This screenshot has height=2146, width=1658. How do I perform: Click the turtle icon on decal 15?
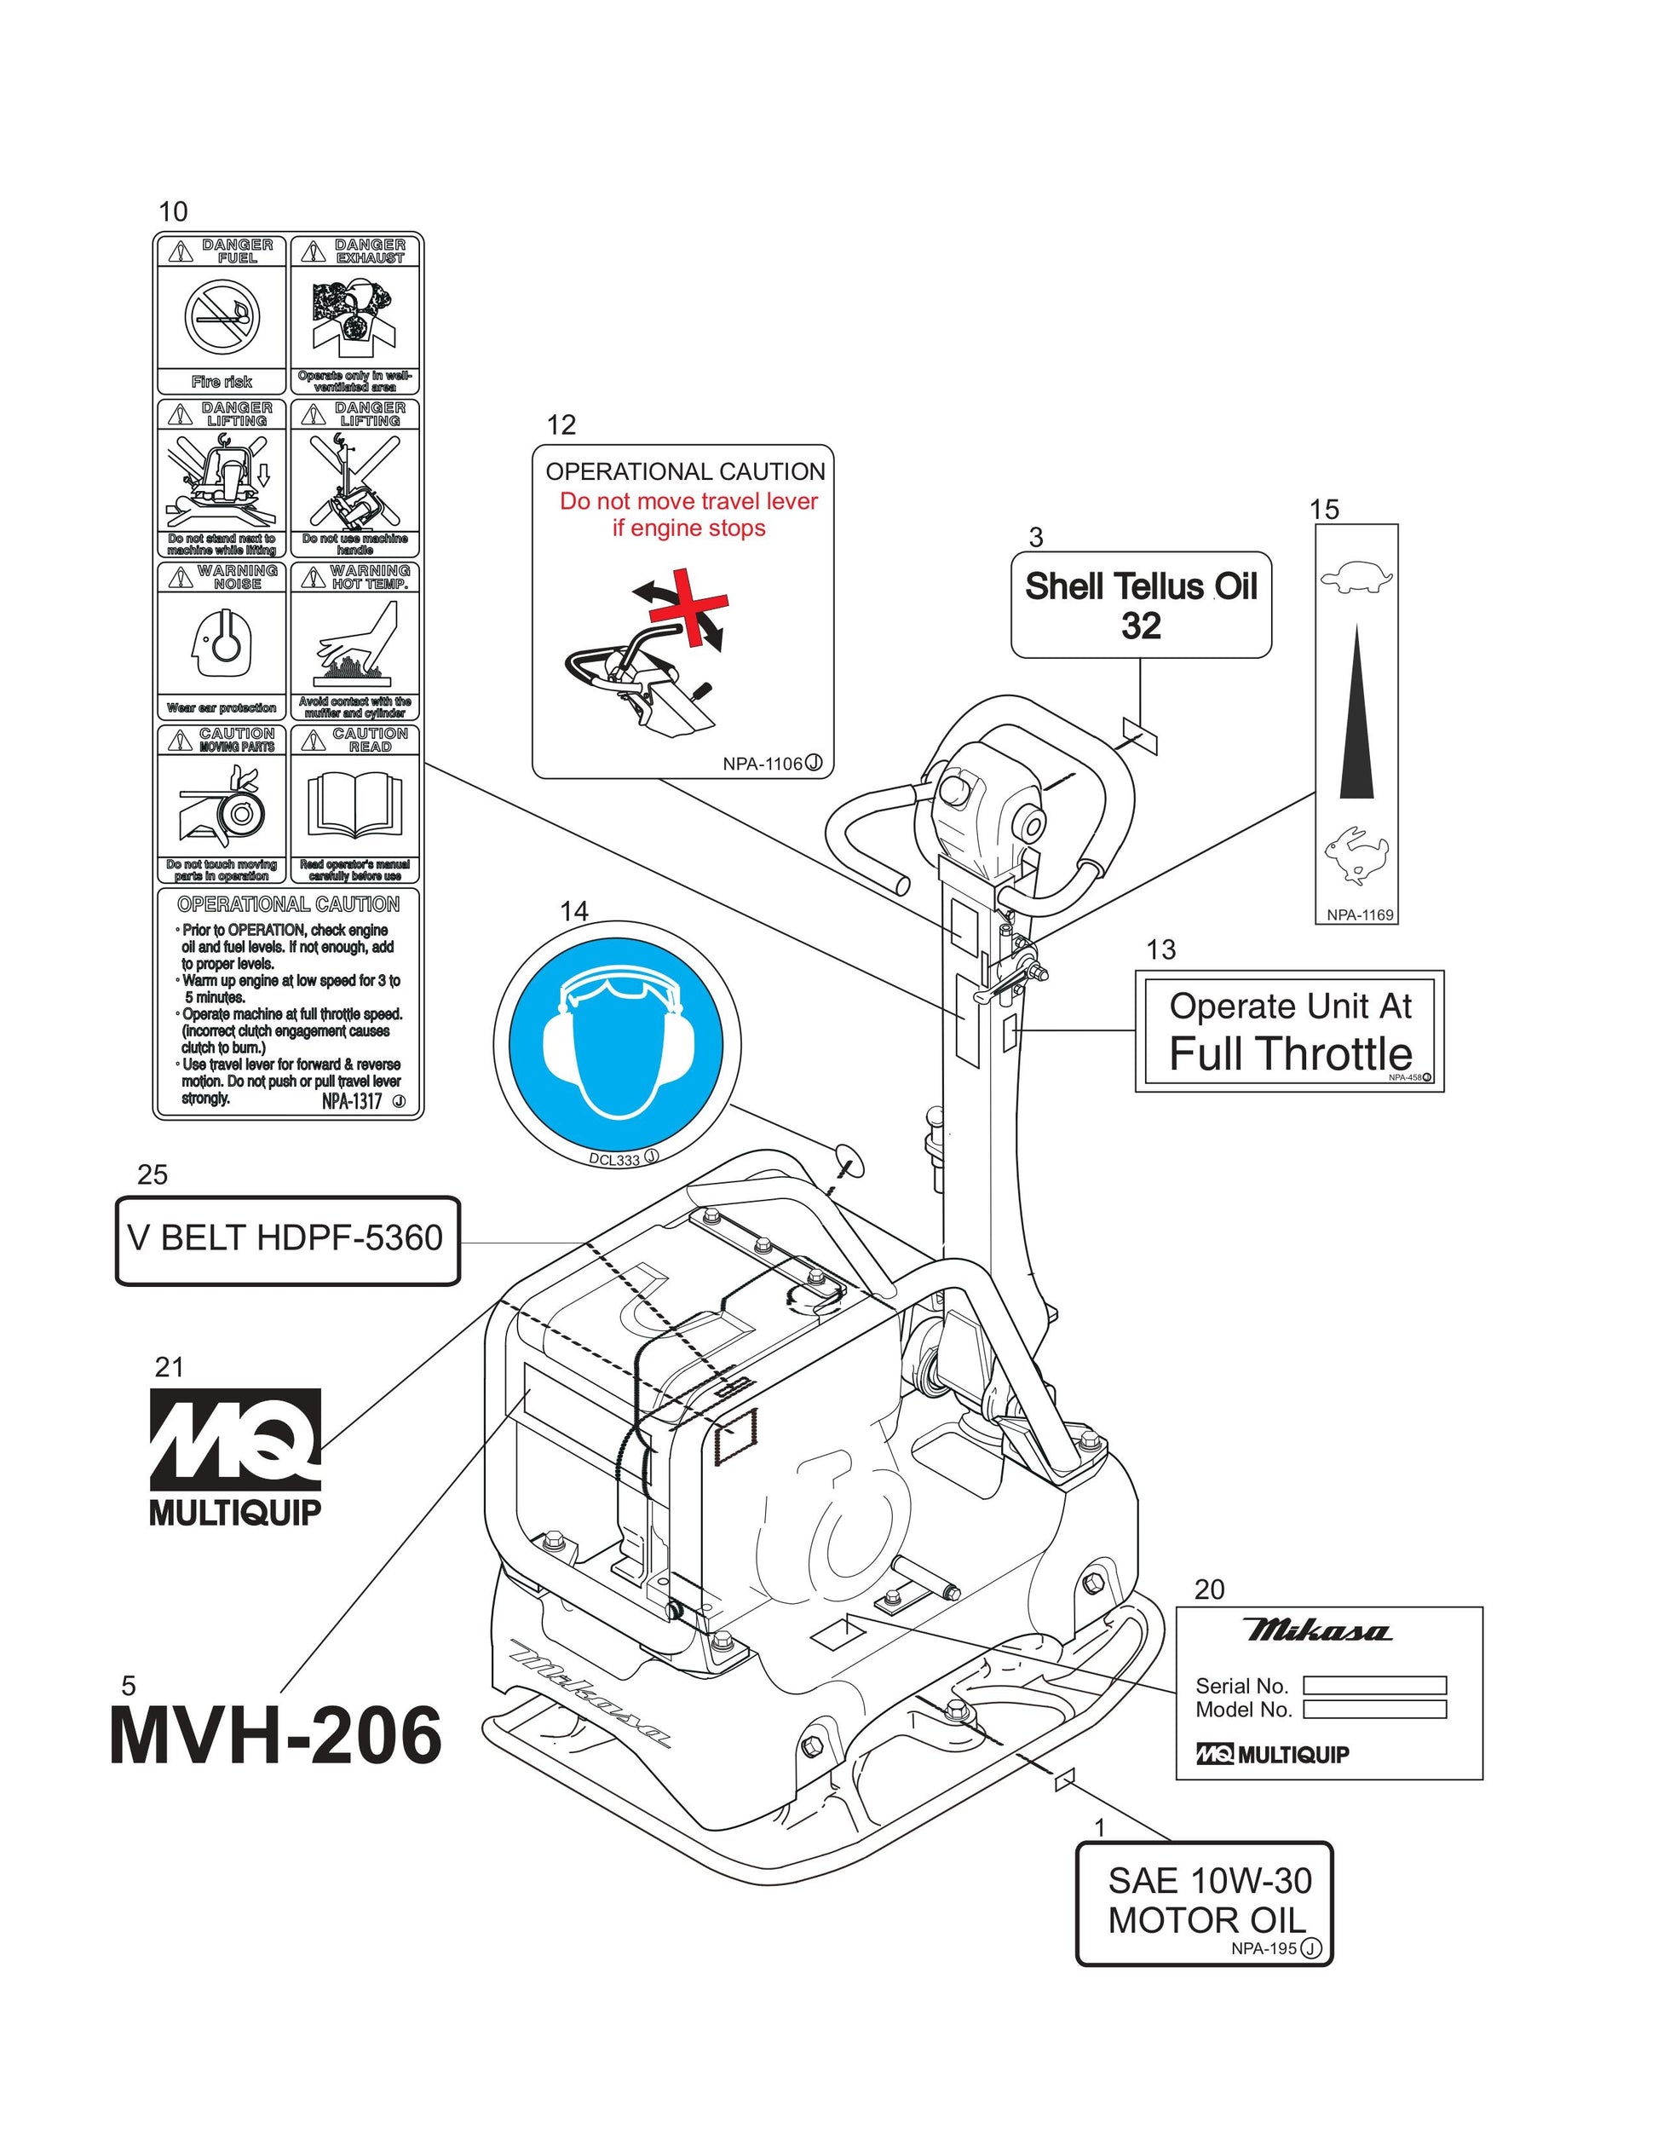point(1356,577)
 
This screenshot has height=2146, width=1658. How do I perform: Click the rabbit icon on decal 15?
point(1356,853)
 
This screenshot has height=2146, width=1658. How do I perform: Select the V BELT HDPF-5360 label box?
point(288,1240)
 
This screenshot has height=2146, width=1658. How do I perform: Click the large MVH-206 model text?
point(276,1737)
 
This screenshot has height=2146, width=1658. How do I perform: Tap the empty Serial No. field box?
point(1374,1685)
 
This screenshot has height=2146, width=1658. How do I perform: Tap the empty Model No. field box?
point(1374,1710)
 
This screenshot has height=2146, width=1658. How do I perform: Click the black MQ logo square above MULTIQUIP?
point(235,1439)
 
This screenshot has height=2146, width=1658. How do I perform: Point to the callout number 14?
point(573,912)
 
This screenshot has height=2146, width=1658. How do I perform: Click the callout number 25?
point(153,1175)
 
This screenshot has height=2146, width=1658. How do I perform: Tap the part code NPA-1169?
point(1360,914)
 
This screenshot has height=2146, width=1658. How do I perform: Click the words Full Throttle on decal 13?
point(1290,1054)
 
